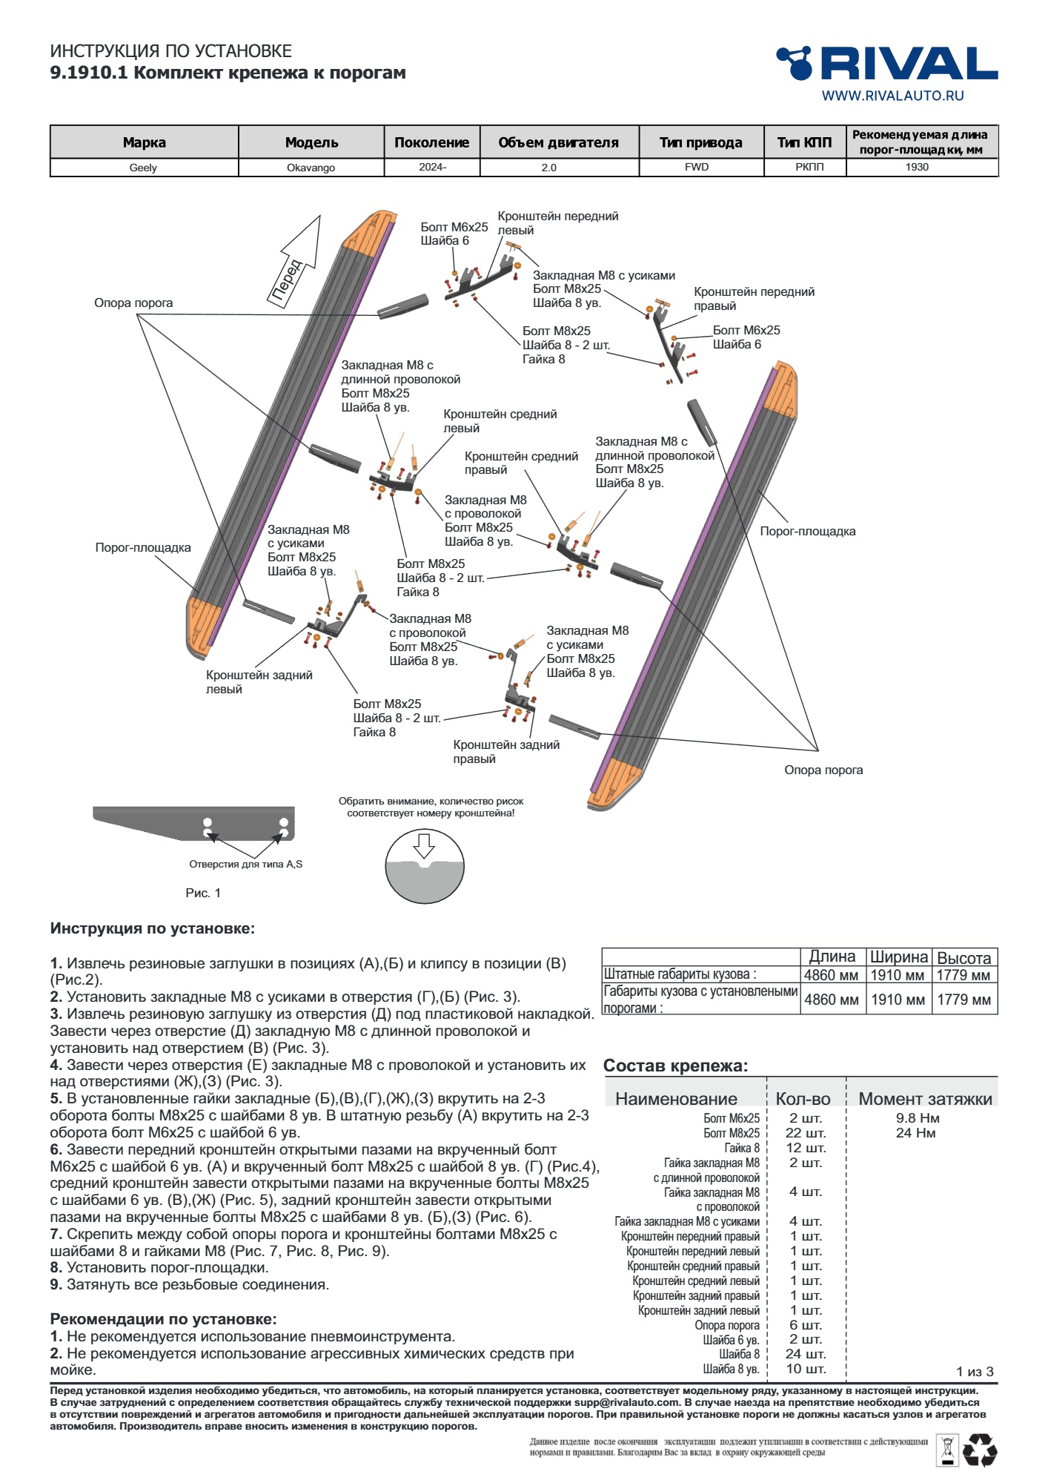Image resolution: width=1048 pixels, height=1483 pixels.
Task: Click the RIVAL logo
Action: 886,64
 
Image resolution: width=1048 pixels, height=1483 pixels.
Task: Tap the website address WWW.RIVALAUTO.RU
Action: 892,96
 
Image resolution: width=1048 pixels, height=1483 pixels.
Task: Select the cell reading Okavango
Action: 311,168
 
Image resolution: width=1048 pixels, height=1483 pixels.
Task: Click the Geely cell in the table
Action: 143,168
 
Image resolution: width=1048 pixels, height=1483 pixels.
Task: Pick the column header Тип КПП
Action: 804,142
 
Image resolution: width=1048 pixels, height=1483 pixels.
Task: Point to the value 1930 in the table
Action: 917,167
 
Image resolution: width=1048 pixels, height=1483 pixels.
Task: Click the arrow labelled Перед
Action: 296,263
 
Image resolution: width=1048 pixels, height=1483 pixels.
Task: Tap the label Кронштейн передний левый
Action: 557,223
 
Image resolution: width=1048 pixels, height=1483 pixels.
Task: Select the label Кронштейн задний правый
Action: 506,751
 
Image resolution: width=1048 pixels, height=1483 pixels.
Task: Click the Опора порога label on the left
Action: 133,303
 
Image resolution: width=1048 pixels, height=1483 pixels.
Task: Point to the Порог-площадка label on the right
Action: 807,531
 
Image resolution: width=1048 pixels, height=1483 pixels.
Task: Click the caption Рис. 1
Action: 203,893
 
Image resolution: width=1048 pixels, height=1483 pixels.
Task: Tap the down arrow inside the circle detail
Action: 424,845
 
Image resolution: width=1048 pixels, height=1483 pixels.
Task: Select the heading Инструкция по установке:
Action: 153,928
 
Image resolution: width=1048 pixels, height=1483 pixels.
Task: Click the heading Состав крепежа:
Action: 675,1066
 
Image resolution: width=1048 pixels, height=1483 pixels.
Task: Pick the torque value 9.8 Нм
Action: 917,1118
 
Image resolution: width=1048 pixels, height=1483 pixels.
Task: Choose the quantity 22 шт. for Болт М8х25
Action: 806,1133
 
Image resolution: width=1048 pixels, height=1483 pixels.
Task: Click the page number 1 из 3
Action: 975,1371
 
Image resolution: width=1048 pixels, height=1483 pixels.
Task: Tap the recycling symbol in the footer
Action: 979,1450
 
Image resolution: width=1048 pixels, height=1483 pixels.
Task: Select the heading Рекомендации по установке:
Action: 163,1319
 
